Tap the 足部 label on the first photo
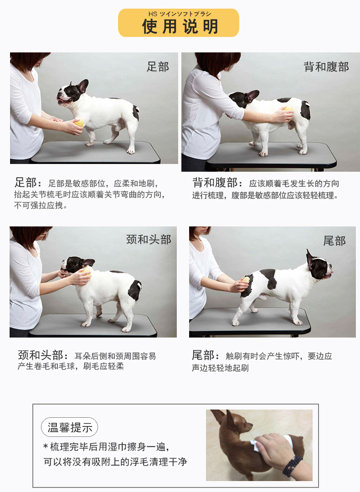158,67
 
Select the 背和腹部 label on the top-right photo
326,67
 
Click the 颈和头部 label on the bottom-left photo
149,240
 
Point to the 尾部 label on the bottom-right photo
334,241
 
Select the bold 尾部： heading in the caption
206,355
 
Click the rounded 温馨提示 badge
70,427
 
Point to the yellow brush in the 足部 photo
79,123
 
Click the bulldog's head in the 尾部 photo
319,266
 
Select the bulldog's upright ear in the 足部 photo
83,86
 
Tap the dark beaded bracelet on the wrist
292,465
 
